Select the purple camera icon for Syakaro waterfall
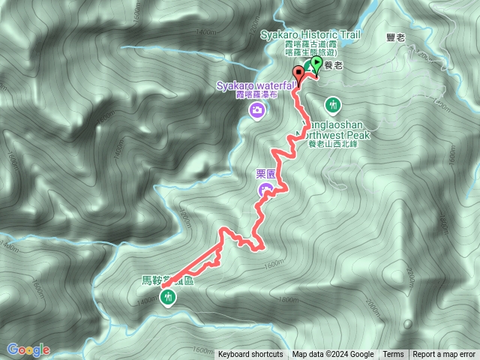256,111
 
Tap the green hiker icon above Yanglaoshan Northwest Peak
333,103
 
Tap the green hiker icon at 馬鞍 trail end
167,298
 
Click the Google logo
28,349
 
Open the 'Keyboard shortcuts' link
250,354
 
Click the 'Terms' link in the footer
393,354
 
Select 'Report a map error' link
444,354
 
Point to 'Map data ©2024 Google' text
333,354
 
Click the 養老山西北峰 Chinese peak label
333,144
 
